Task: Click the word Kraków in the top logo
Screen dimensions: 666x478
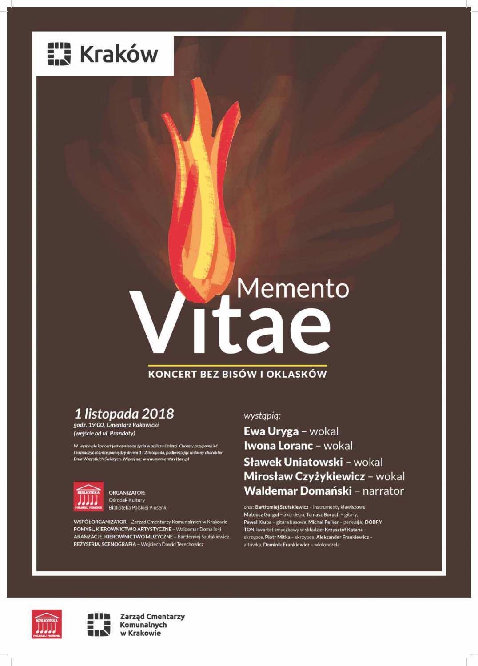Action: coord(119,54)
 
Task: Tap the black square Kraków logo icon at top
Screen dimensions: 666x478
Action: coord(59,54)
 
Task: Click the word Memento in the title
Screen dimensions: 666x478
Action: coord(293,288)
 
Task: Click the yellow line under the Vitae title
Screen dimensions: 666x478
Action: coord(238,366)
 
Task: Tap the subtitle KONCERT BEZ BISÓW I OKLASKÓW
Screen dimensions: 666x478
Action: coord(238,374)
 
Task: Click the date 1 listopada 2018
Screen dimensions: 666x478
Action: coord(124,414)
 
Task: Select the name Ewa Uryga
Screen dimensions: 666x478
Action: coord(271,431)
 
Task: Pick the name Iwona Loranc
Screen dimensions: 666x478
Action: coord(278,446)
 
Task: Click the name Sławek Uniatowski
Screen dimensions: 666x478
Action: coord(293,462)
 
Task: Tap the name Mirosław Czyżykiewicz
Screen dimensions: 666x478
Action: coord(304,476)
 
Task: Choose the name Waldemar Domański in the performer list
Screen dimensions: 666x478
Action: coord(298,491)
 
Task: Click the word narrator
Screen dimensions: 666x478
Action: coord(383,491)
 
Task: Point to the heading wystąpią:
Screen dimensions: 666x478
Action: coord(262,416)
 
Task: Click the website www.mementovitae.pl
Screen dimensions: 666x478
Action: coord(166,459)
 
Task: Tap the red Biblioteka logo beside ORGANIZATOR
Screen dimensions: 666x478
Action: coord(88,496)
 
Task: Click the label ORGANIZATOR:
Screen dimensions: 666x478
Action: coord(127,493)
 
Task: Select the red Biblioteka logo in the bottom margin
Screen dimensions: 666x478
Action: coord(47,624)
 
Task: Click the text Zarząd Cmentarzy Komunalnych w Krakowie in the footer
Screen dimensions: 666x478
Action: coord(152,625)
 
